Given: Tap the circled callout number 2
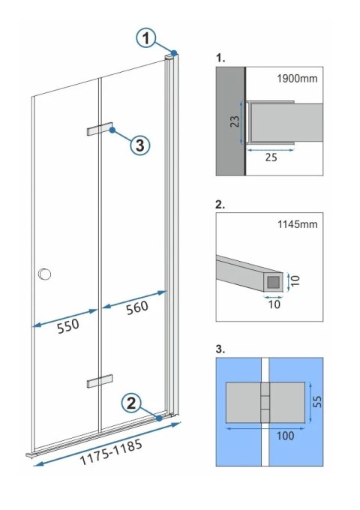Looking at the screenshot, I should click(x=131, y=403).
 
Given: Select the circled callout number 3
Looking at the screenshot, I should click(x=140, y=145).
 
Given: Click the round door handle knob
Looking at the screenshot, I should click(x=45, y=274).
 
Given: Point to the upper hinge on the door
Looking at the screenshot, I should click(x=99, y=129).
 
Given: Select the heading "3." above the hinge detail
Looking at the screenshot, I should click(x=220, y=349).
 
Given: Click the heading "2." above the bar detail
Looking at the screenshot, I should click(x=220, y=203).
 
